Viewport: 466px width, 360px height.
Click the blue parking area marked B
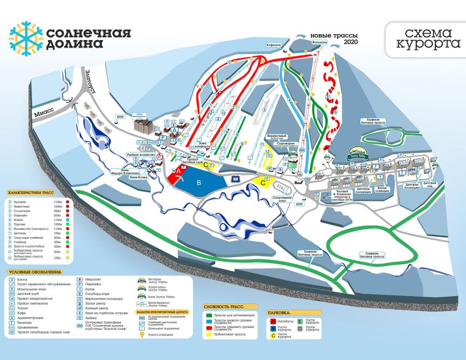[x=199, y=183]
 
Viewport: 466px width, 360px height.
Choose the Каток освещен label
[x=383, y=189]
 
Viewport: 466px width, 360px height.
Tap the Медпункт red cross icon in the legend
[x=80, y=279]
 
